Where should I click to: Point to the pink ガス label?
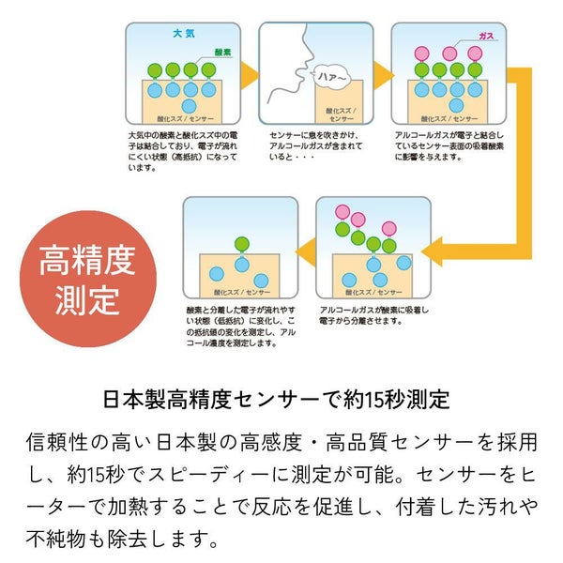click(486, 35)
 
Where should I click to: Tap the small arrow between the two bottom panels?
click(306, 250)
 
